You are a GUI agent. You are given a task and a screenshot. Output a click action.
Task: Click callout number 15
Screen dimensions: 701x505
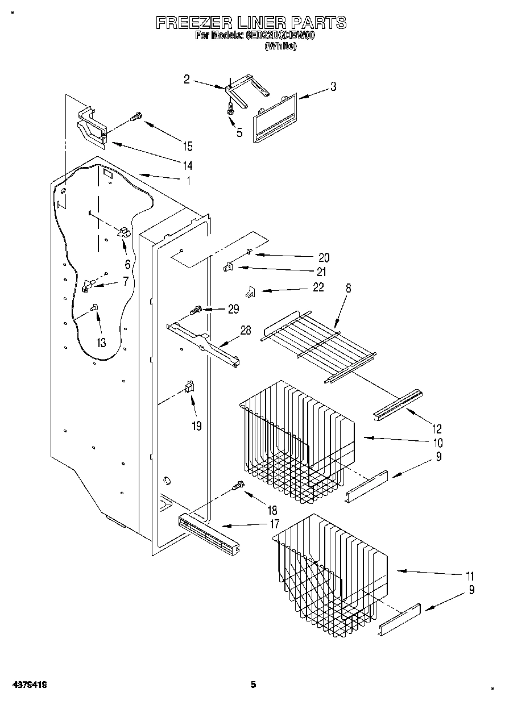tap(187, 146)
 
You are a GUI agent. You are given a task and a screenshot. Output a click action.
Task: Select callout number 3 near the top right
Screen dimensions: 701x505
tap(333, 87)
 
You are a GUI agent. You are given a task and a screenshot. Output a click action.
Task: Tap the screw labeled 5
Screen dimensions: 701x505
tap(231, 109)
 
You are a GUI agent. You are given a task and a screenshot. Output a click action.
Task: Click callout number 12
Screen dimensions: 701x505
tap(437, 429)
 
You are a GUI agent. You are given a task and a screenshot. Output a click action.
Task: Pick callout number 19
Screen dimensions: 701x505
tap(196, 425)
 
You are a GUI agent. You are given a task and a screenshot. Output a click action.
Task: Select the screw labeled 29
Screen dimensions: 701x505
tap(196, 310)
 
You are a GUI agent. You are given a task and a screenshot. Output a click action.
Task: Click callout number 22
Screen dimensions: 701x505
tap(318, 287)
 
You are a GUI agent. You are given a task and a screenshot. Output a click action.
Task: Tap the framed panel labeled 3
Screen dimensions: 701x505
tap(274, 118)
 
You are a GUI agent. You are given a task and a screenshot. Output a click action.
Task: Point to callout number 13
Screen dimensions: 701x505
tap(101, 343)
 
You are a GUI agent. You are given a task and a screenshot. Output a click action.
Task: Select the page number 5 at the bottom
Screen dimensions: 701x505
tap(254, 685)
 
